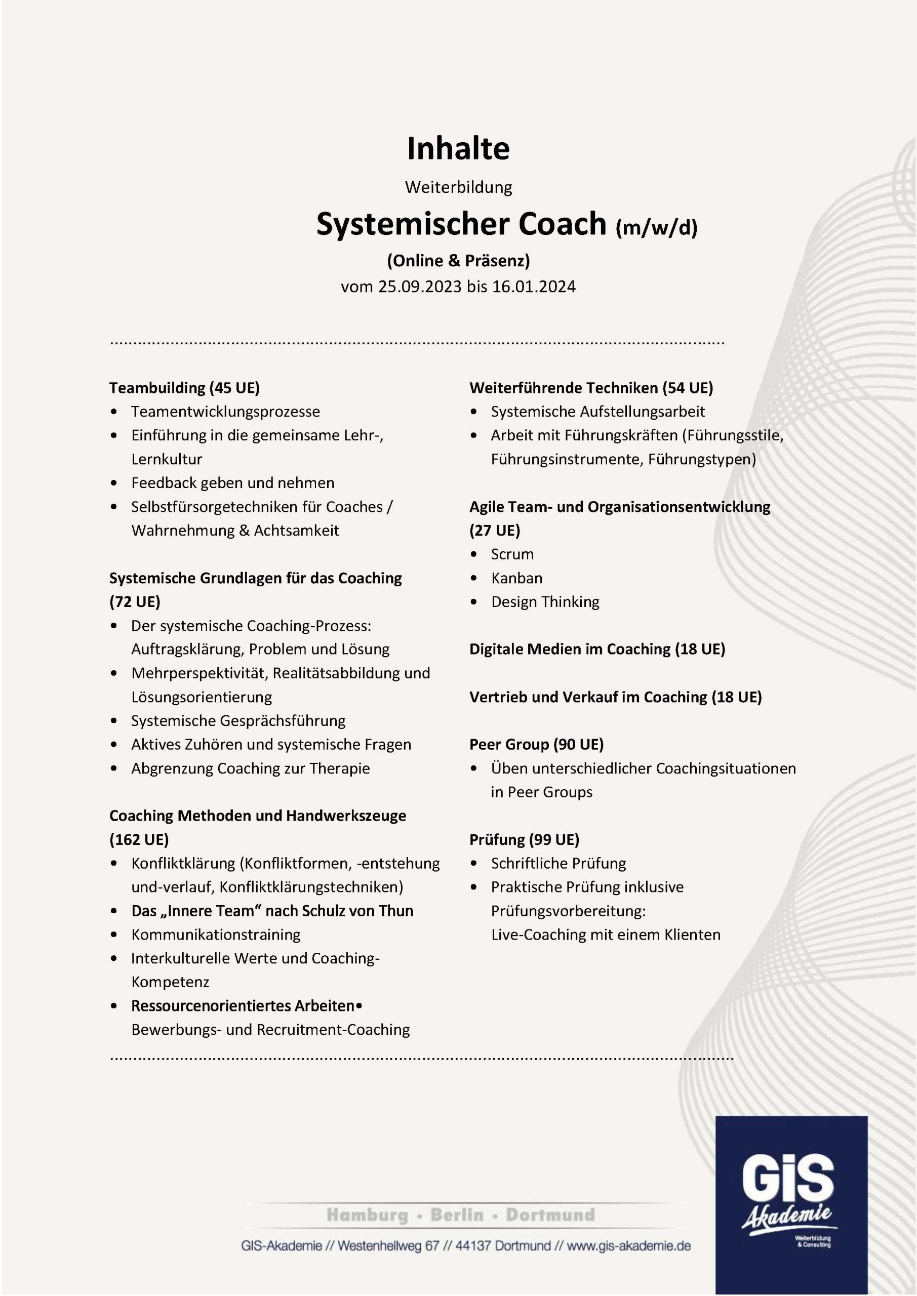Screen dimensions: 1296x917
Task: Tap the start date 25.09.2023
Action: (x=420, y=287)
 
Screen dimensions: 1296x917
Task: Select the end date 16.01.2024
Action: (x=534, y=287)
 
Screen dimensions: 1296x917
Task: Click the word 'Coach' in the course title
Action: (x=562, y=224)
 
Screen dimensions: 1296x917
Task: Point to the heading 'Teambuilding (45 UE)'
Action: (x=184, y=388)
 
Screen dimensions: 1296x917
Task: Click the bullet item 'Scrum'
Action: (x=511, y=554)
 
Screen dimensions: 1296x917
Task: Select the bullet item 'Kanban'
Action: (x=516, y=578)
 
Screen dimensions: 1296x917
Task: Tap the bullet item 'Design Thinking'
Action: (x=545, y=602)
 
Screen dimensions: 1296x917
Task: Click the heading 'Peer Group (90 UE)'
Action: (x=536, y=745)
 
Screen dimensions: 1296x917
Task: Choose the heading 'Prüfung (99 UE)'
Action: (x=524, y=839)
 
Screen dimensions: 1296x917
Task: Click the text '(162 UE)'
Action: (x=139, y=839)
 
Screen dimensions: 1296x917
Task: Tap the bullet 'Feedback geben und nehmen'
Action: (x=232, y=482)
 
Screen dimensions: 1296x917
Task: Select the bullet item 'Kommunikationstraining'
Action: (x=216, y=935)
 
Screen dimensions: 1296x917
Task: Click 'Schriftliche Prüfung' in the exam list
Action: (x=558, y=863)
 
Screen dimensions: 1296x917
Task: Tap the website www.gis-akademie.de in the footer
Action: (x=628, y=1246)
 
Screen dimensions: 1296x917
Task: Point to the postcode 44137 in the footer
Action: (x=471, y=1246)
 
